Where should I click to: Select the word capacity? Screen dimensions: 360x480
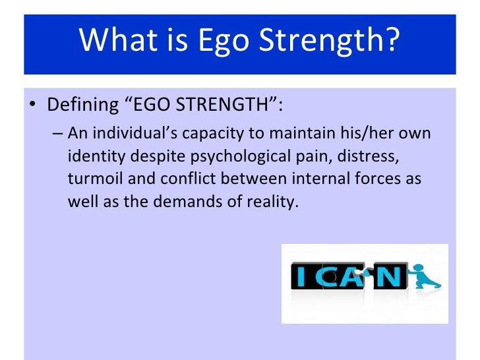click(217, 134)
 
